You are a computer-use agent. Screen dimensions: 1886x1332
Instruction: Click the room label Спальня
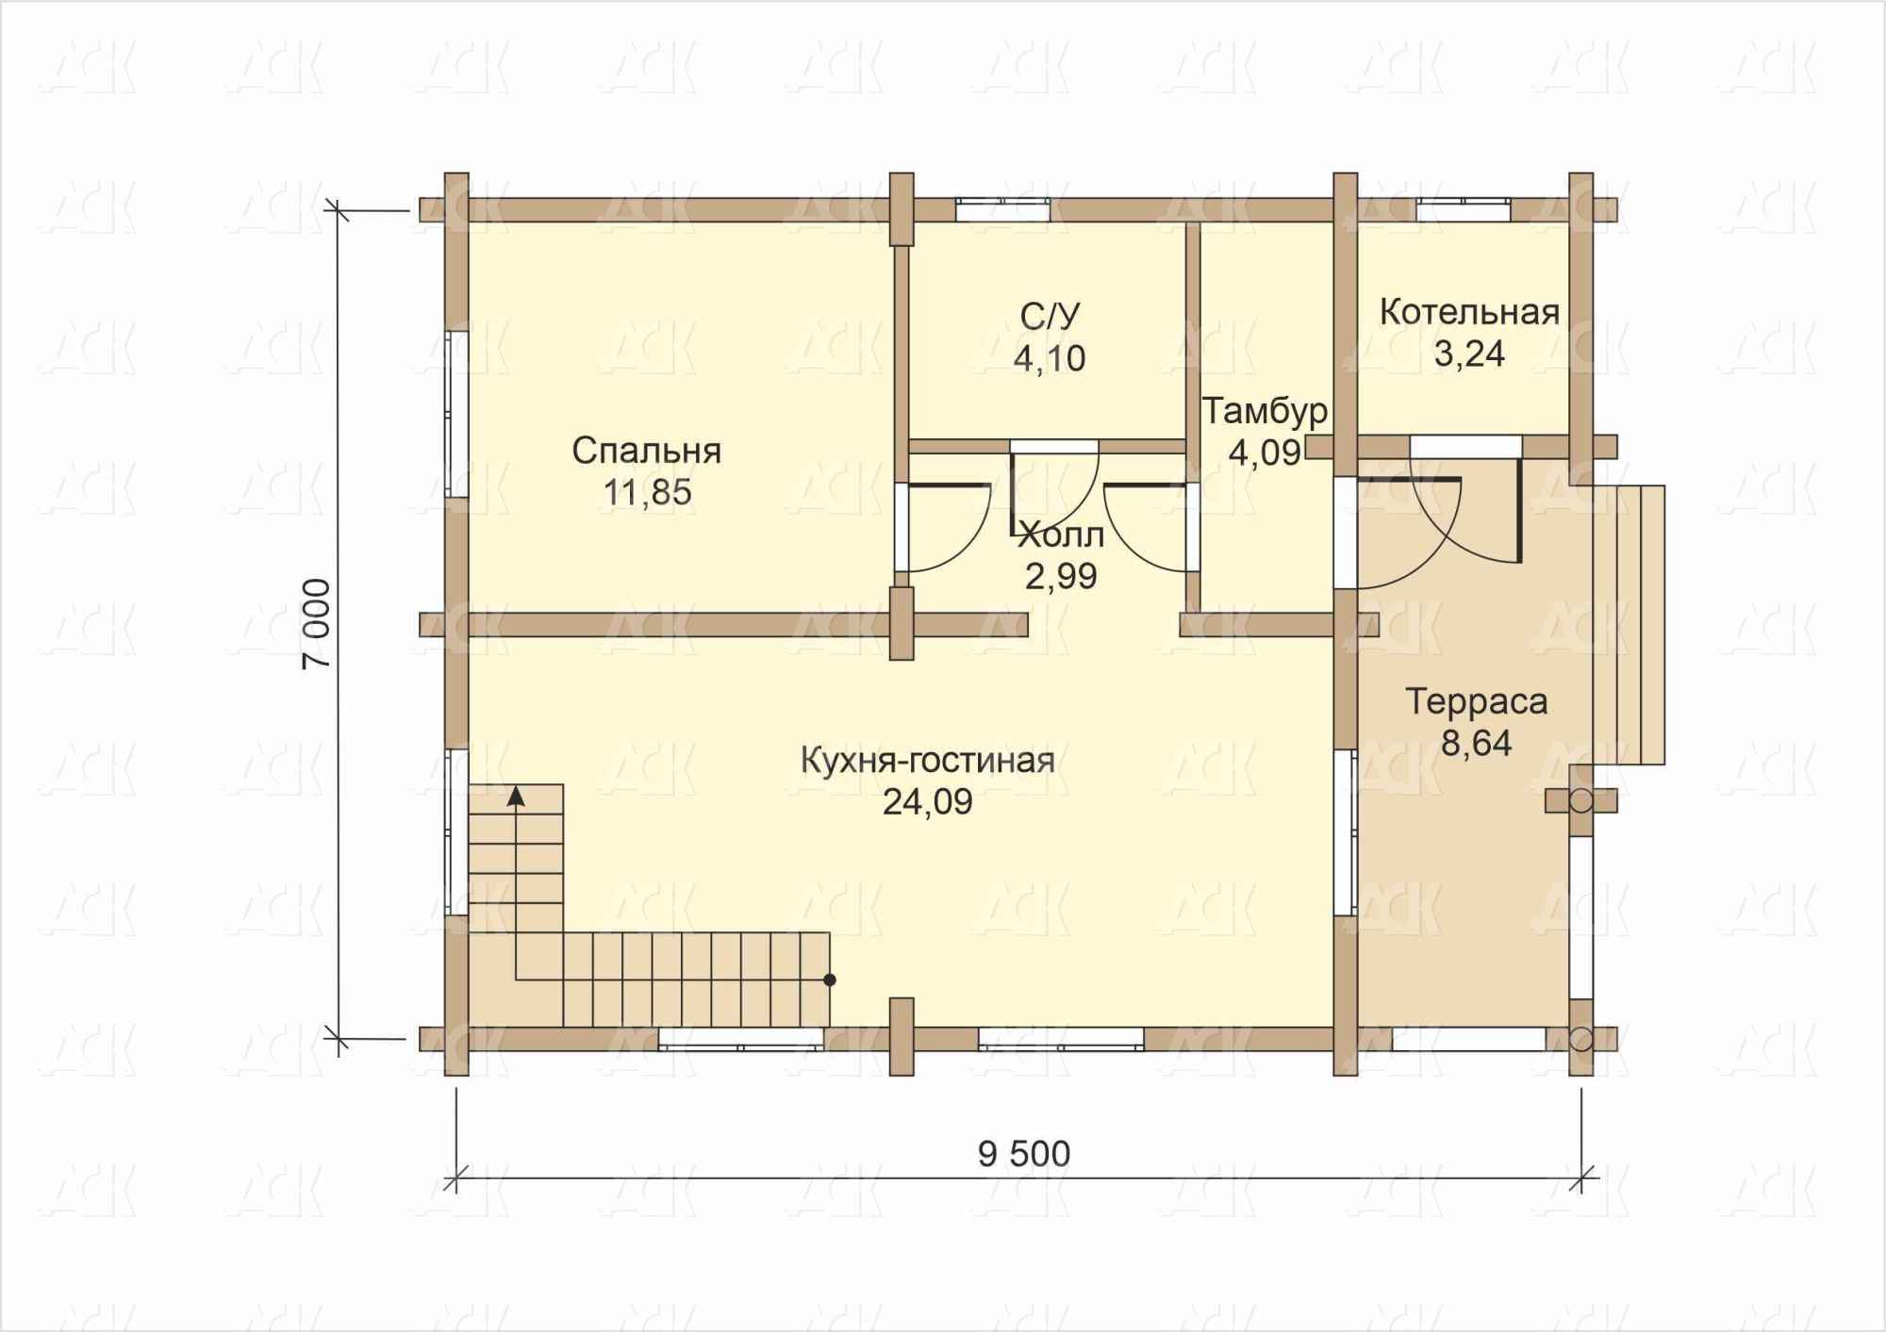pos(647,452)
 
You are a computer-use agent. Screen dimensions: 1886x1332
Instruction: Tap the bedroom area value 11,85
pos(648,492)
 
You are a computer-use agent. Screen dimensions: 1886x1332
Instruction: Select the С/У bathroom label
pos(1050,317)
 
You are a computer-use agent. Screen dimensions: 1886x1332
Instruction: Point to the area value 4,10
pos(1050,358)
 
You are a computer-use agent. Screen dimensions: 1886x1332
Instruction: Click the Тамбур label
pos(1265,411)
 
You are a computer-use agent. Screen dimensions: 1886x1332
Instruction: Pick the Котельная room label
pos(1469,312)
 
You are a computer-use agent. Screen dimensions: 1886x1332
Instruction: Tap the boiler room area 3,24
pos(1469,354)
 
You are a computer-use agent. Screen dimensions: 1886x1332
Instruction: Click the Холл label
pos(1061,535)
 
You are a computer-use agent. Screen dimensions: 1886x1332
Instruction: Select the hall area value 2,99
pos(1061,576)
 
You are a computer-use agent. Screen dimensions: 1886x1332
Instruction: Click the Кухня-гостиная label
pos(928,760)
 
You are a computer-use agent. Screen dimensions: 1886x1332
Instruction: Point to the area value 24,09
pos(928,801)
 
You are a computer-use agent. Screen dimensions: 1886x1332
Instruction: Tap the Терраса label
pos(1477,702)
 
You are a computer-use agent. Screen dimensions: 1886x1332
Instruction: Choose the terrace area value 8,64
pos(1477,744)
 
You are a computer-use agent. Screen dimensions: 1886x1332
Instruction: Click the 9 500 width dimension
pos(1024,1154)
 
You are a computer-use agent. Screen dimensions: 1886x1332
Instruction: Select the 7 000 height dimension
pos(317,624)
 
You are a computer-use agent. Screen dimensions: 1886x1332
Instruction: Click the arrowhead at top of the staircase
pos(516,796)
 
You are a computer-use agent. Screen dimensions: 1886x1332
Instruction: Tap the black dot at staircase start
pos(830,980)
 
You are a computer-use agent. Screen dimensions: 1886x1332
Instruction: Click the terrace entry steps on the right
pos(1629,624)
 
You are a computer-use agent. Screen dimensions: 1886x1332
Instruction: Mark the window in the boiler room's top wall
pos(1463,209)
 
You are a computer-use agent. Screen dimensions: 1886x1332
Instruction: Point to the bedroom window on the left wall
pos(456,413)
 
